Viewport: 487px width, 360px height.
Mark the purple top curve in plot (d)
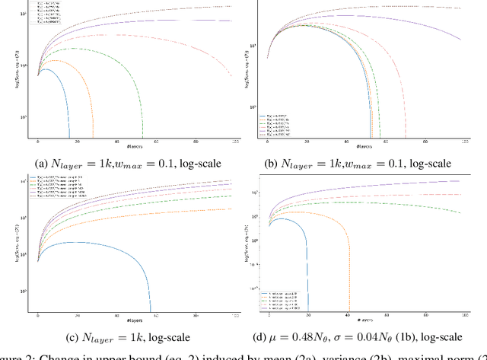pyautogui.click(x=380, y=186)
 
